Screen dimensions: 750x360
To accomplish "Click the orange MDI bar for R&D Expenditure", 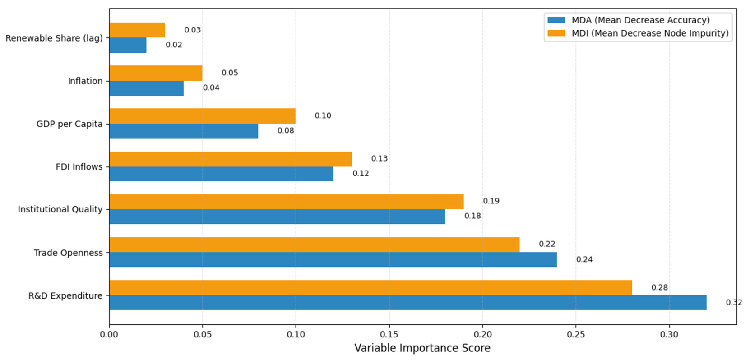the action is click(370, 288).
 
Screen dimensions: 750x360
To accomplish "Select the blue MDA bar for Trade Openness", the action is click(333, 260).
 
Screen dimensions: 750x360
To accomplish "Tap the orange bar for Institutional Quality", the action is click(287, 202).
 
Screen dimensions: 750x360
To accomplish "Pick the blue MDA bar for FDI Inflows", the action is click(221, 174).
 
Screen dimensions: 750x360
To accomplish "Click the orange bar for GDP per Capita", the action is click(203, 116).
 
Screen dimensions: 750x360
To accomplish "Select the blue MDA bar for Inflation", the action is click(147, 88).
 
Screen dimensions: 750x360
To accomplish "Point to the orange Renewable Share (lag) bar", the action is click(137, 30).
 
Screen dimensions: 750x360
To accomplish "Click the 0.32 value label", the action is click(734, 303).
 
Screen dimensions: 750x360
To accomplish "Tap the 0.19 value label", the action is click(491, 201).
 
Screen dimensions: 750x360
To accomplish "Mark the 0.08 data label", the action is click(286, 130).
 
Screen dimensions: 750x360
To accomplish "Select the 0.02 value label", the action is click(174, 45).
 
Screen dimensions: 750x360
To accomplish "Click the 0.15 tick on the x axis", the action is click(389, 335).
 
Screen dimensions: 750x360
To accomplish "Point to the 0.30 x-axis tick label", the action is click(669, 335).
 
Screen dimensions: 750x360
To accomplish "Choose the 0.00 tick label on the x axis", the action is click(110, 335).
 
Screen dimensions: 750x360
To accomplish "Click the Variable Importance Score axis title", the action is click(422, 348).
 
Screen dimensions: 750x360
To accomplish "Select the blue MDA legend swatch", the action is click(556, 20).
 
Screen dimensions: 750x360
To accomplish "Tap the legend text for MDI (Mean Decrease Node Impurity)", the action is click(650, 33).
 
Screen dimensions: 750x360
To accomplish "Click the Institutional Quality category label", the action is click(60, 209).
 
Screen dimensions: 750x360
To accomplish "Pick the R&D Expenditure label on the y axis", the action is click(65, 296).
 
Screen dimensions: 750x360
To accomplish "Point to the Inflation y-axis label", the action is click(85, 81).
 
